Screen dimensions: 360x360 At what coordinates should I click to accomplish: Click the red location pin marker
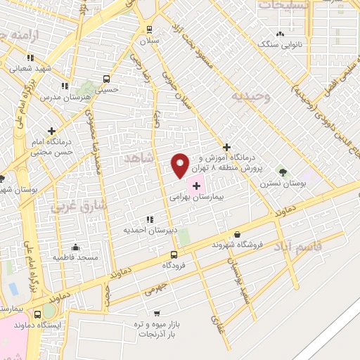point(181,165)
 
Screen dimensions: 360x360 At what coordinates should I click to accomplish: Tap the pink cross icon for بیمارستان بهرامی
point(196,184)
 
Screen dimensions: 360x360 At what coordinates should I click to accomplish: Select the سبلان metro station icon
point(148,29)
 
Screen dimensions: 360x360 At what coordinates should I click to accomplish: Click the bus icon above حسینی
point(106,79)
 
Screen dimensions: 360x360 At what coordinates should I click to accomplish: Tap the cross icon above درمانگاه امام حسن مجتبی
point(52,130)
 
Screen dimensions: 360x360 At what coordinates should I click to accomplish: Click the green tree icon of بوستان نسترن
point(283,171)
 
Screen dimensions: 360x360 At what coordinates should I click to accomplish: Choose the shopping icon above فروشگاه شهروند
point(237,234)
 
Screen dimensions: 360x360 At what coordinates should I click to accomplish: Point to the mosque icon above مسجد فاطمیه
point(75,247)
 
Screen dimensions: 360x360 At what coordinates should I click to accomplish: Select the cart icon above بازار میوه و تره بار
point(156,314)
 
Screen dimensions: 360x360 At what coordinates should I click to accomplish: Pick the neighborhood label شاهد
point(138,160)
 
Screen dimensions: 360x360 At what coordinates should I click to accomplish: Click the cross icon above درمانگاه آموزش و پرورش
point(226,147)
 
